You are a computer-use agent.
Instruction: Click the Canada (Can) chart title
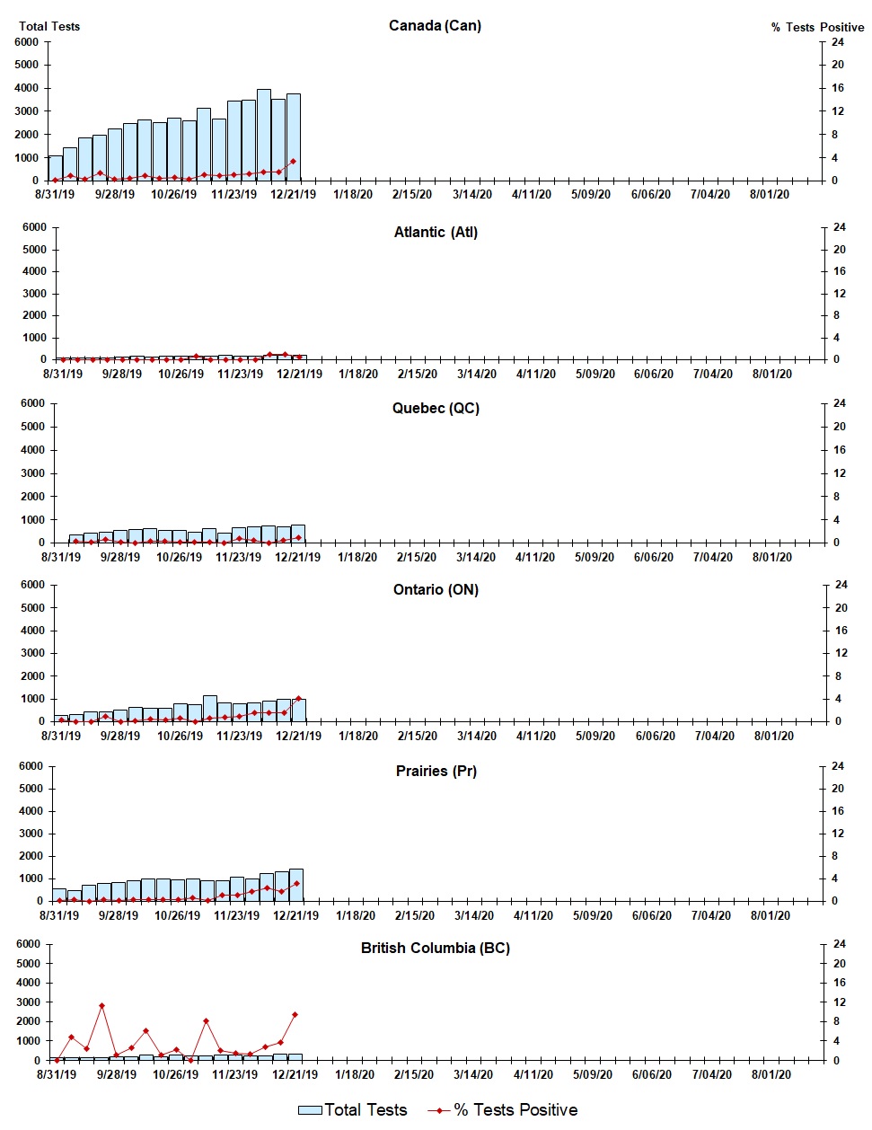(435, 25)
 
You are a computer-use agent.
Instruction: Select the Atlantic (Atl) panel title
(436, 232)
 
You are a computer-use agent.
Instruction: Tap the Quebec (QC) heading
(436, 408)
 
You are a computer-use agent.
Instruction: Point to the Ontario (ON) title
(436, 589)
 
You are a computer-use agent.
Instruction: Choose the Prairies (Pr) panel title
(436, 771)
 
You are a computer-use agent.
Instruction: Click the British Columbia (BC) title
(436, 948)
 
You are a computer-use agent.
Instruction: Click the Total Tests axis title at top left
(49, 26)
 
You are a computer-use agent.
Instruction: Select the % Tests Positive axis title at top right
(817, 27)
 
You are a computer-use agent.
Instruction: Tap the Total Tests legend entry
(353, 1110)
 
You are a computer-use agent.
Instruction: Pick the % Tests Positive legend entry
(503, 1110)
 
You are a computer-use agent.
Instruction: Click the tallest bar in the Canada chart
(264, 135)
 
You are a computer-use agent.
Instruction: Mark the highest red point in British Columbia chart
(102, 1006)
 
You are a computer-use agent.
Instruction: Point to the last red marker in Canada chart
(294, 162)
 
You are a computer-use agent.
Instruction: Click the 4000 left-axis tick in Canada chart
(27, 88)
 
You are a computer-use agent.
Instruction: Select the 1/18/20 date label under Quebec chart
(357, 557)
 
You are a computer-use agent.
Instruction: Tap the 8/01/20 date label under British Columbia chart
(770, 1074)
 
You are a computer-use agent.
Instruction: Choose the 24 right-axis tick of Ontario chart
(841, 585)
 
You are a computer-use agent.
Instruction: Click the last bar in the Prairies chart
(296, 885)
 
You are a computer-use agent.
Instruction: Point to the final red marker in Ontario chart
(299, 698)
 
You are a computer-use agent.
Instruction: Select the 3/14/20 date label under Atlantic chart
(476, 374)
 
